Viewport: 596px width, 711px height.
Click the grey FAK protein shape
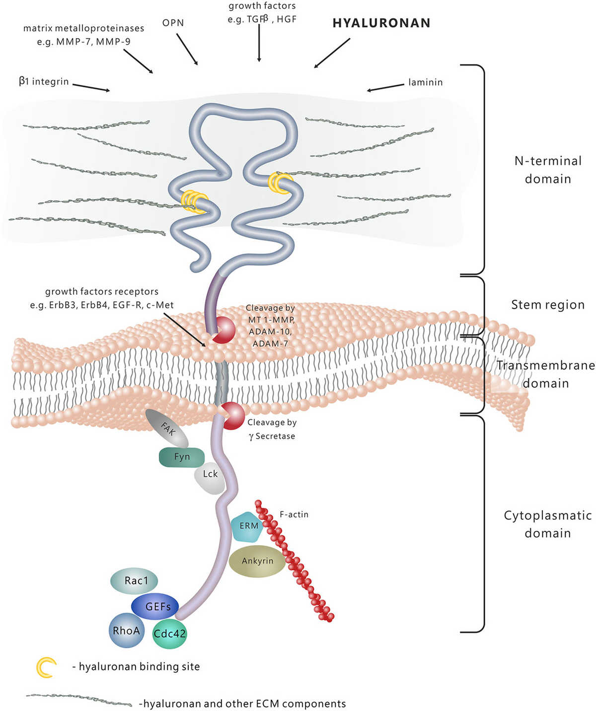pyautogui.click(x=167, y=428)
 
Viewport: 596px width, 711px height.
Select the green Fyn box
pyautogui.click(x=181, y=457)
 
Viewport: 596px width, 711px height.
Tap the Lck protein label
pyautogui.click(x=210, y=474)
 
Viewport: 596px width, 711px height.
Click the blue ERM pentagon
pyautogui.click(x=248, y=526)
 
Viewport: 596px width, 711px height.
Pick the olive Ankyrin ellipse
pyautogui.click(x=257, y=561)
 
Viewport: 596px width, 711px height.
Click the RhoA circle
pyautogui.click(x=126, y=631)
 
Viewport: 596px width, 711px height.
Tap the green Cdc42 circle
pyautogui.click(x=169, y=634)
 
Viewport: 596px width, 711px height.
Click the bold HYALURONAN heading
pyautogui.click(x=381, y=23)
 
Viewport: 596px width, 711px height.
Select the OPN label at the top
pyautogui.click(x=173, y=23)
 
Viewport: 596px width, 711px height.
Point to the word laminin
pyautogui.click(x=425, y=82)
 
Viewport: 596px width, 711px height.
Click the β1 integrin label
pyautogui.click(x=44, y=81)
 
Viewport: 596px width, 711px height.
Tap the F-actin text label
pyautogui.click(x=294, y=515)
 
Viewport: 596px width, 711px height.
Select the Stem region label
pyautogui.click(x=547, y=305)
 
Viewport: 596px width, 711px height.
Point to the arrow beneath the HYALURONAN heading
pyautogui.click(x=332, y=53)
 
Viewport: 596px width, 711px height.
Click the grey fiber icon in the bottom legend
pyautogui.click(x=79, y=700)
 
